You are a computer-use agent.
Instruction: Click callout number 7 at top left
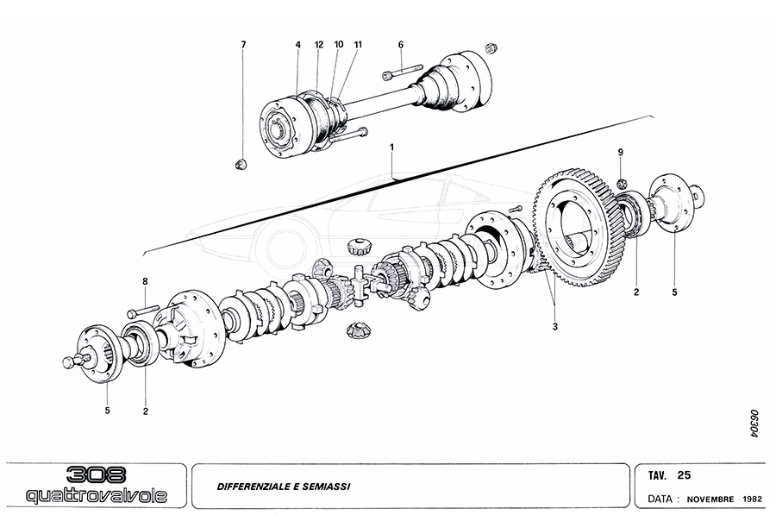point(244,44)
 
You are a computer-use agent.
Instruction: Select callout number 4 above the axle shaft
point(297,44)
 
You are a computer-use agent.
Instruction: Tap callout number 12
point(318,44)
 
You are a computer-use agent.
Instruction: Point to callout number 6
point(401,44)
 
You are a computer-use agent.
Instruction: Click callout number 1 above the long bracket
point(391,148)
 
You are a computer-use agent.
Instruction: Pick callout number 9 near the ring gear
point(619,153)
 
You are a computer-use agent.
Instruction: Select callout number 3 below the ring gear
point(555,327)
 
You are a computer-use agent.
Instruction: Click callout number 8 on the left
point(145,282)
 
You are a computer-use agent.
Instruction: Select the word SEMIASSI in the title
point(329,485)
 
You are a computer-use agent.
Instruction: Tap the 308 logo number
point(96,474)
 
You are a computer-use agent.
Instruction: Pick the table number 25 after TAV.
point(684,474)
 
